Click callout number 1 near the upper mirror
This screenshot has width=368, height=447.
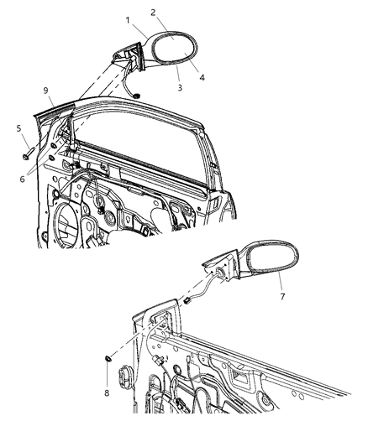(129, 18)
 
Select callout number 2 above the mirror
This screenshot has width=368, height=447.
(153, 13)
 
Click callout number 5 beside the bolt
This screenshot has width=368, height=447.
(18, 129)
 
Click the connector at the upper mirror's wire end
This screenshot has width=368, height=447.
(135, 94)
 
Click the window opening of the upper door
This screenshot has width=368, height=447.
(143, 134)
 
